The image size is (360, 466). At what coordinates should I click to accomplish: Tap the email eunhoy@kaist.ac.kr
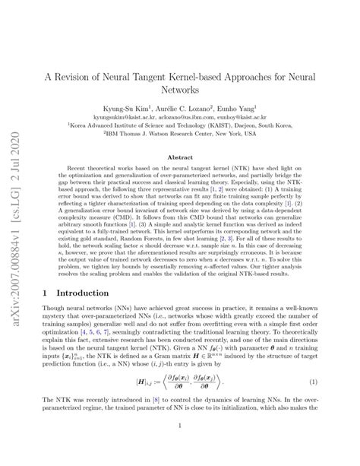pyautogui.click(x=251, y=119)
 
